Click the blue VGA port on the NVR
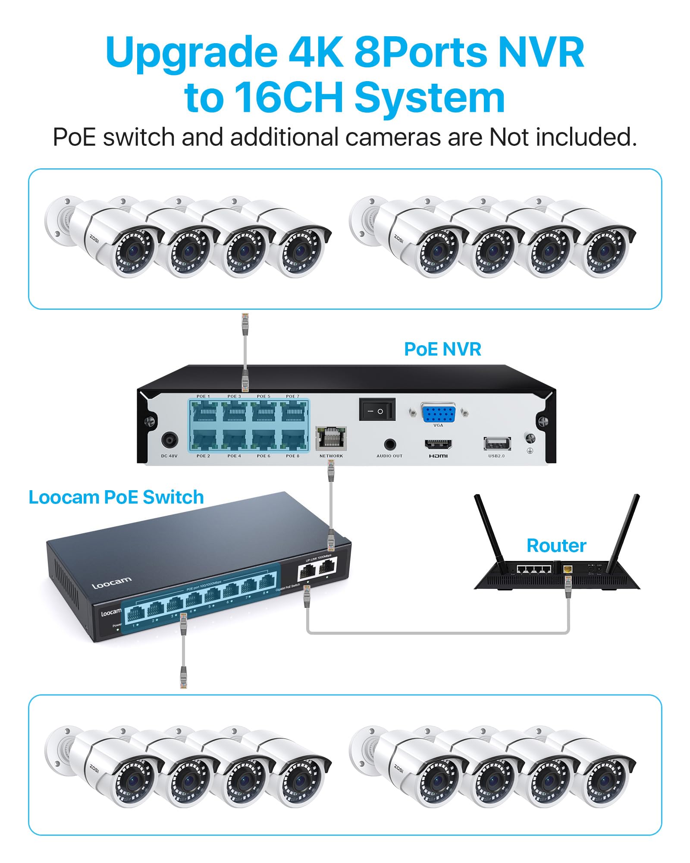[438, 413]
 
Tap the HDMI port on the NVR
[438, 444]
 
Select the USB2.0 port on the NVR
[497, 444]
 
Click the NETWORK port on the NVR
[331, 438]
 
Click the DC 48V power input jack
[169, 441]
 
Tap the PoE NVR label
[442, 350]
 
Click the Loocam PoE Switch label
[116, 498]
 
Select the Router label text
[556, 546]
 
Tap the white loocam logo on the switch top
[111, 583]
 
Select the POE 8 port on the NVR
[293, 440]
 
